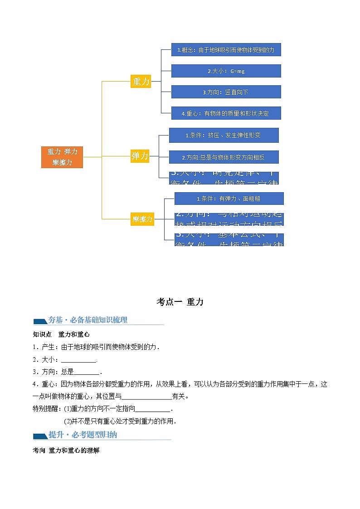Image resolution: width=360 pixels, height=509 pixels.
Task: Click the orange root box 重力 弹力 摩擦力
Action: coord(62,157)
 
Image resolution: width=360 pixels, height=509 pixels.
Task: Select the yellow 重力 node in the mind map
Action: coord(141,82)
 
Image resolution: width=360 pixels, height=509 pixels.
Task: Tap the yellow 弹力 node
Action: coord(140,156)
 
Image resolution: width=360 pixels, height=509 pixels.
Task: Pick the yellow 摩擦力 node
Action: coord(142,219)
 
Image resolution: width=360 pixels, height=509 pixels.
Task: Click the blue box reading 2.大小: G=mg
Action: coord(226,71)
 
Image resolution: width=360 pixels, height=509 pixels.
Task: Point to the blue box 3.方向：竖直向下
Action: coord(226,92)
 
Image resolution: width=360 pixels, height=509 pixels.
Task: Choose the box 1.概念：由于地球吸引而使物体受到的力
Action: coord(226,50)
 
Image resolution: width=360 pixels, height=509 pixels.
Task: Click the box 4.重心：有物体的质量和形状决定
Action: coord(226,113)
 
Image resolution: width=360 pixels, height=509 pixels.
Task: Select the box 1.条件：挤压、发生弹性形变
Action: coord(224,135)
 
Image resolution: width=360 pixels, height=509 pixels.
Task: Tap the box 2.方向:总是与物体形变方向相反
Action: coord(224,157)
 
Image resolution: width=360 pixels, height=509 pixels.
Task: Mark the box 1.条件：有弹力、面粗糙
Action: coord(229,199)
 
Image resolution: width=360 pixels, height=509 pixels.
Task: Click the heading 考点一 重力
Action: coord(180,302)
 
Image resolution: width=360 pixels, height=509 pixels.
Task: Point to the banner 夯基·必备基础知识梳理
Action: coord(88,320)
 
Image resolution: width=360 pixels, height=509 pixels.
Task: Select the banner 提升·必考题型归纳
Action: coord(83,435)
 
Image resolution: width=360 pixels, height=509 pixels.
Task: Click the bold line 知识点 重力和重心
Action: coord(61,334)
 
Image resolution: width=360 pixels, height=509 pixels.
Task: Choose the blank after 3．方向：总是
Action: coord(86,372)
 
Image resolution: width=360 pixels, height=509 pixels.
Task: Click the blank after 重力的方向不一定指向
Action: coord(152,409)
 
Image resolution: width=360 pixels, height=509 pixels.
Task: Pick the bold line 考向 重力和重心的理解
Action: coord(66,451)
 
